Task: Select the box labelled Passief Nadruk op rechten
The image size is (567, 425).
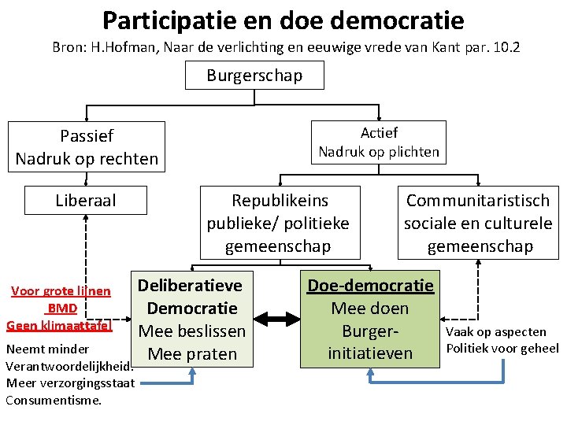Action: point(87,147)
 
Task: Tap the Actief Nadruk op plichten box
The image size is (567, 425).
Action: point(379,142)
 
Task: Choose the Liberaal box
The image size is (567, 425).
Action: point(86,201)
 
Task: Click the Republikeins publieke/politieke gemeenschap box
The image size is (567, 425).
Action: point(278,223)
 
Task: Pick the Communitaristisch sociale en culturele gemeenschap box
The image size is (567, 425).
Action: point(478,223)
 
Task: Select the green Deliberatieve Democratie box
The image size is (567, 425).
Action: point(191,319)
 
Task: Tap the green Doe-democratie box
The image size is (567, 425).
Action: point(370,319)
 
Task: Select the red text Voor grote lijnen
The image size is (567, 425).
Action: point(61,292)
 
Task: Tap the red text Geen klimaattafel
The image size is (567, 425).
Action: point(59,324)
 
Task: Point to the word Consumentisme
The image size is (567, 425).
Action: point(54,400)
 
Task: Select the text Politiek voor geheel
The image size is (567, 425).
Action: point(502,348)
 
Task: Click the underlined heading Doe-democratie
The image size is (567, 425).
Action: point(370,285)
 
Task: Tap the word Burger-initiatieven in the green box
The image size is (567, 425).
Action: point(370,342)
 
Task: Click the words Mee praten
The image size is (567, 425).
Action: point(192,354)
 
